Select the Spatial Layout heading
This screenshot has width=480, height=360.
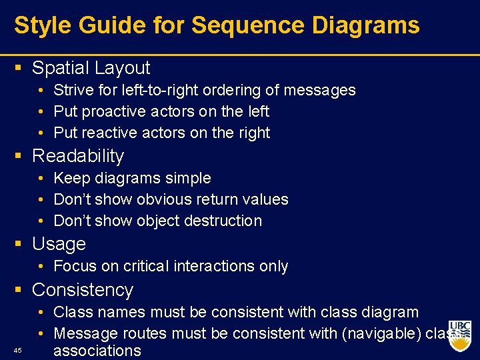pos(91,68)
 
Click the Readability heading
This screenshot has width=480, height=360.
pos(78,156)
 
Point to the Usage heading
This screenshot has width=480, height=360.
pos(59,244)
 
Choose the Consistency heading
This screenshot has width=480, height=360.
pos(83,290)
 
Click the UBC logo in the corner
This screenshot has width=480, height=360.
pos(459,336)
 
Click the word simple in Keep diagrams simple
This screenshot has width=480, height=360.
pos(189,178)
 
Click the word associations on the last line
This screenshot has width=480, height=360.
pos(97,351)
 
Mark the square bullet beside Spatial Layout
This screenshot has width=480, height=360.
pos(18,68)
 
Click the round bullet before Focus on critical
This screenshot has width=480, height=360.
pos(41,266)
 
